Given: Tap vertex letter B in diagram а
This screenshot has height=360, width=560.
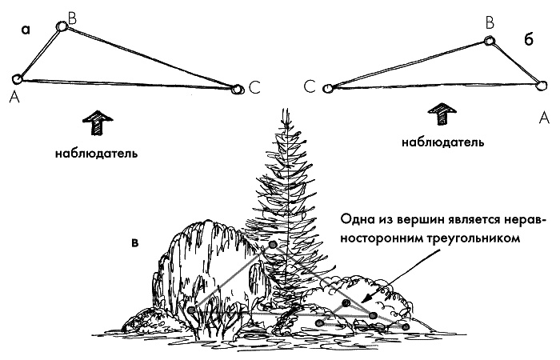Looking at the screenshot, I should tap(73, 16).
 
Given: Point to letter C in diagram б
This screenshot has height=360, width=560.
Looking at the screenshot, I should tap(309, 89).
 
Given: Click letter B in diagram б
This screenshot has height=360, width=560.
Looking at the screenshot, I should tap(490, 26).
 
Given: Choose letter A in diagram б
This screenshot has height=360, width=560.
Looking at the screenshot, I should tap(544, 118).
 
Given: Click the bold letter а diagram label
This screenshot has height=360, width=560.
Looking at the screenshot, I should tap(26, 31).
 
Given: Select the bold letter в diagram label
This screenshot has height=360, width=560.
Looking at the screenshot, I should tap(136, 240).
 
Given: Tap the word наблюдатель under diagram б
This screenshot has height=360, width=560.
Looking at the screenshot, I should tap(442, 143).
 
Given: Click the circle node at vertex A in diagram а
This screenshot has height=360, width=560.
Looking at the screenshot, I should tap(17, 78).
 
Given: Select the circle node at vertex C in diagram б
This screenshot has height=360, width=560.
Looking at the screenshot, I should tap(326, 88).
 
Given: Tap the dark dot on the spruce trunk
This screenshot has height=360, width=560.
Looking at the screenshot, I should tap(273, 244).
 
